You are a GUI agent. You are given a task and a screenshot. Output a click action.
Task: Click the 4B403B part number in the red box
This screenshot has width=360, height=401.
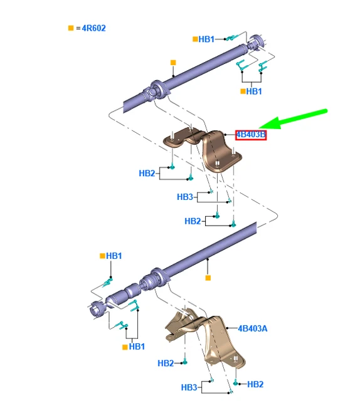click(x=251, y=134)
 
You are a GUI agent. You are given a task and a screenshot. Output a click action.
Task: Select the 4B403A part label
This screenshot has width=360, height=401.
click(x=253, y=328)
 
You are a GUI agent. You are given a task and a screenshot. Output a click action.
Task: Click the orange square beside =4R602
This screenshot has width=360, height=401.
click(x=71, y=28)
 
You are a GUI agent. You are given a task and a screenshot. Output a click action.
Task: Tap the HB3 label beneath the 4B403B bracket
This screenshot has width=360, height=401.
click(x=185, y=197)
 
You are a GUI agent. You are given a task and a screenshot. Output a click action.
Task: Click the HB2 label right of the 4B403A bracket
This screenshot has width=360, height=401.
click(x=255, y=384)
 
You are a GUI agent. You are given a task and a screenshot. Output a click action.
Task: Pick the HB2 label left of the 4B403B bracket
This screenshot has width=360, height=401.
click(x=147, y=173)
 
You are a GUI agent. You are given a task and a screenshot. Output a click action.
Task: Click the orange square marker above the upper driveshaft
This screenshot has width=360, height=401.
click(x=174, y=63)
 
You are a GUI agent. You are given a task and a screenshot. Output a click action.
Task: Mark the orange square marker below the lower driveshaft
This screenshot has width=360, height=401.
click(x=208, y=276)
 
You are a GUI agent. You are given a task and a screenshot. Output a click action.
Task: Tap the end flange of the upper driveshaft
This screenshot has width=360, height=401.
click(x=256, y=44)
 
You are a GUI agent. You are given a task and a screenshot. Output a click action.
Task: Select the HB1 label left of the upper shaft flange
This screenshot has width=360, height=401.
click(x=206, y=39)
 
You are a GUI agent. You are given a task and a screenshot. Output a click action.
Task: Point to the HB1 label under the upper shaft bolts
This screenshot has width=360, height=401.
click(x=253, y=91)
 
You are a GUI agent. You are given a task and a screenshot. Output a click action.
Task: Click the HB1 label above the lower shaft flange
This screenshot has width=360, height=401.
click(x=114, y=256)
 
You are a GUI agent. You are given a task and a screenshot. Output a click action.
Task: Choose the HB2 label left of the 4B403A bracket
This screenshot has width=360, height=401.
click(x=166, y=363)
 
